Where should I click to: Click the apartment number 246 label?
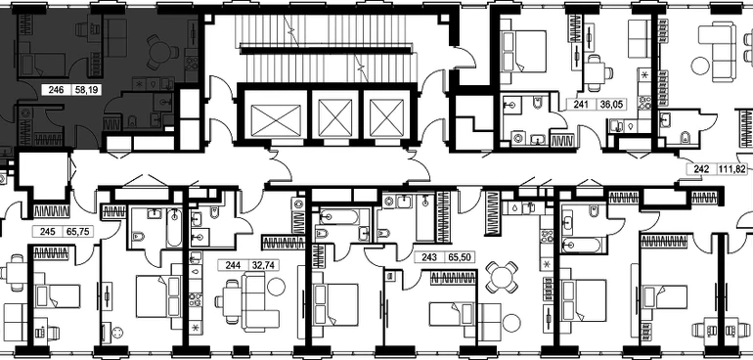click(x=56, y=89)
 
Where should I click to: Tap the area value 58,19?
click(x=85, y=89)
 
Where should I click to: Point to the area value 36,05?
click(x=611, y=105)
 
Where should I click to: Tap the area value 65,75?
click(x=77, y=231)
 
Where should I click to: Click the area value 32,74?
click(x=262, y=265)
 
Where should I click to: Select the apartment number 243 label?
click(x=429, y=257)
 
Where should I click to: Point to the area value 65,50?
click(x=459, y=257)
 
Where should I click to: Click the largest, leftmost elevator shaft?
click(x=276, y=117)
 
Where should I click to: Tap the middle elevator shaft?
click(x=335, y=117)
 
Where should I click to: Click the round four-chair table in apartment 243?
click(x=502, y=277)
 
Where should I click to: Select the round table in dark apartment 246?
click(x=161, y=52)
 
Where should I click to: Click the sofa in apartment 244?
click(x=259, y=301)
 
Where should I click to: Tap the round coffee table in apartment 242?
click(x=700, y=65)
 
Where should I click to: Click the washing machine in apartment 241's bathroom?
click(x=518, y=139)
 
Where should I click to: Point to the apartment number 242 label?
click(x=703, y=169)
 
